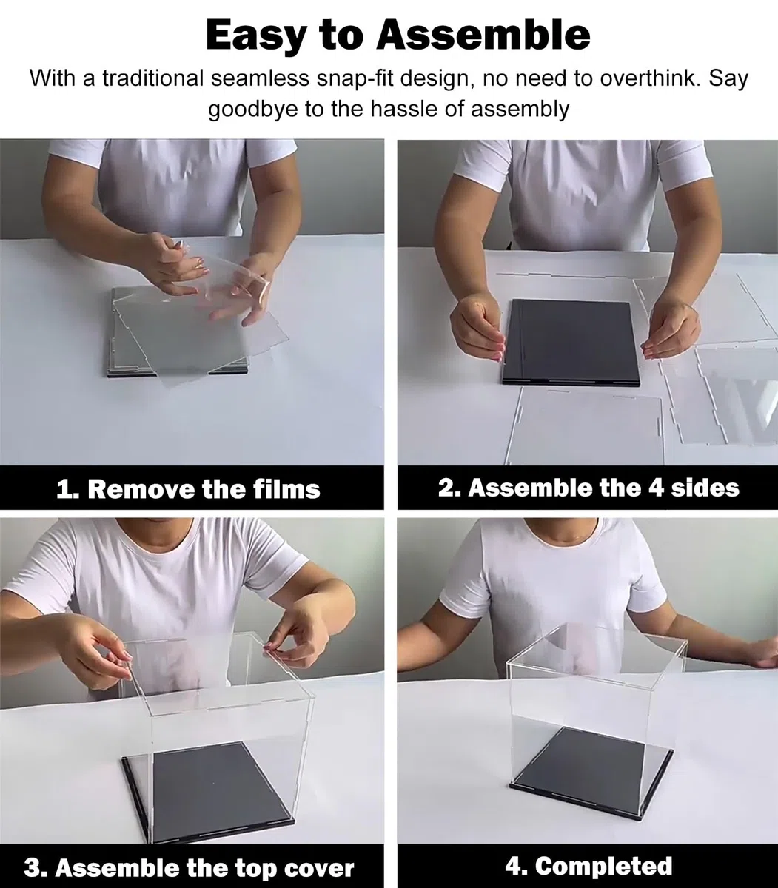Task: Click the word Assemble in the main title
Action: click(483, 35)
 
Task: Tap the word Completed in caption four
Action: click(588, 866)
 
